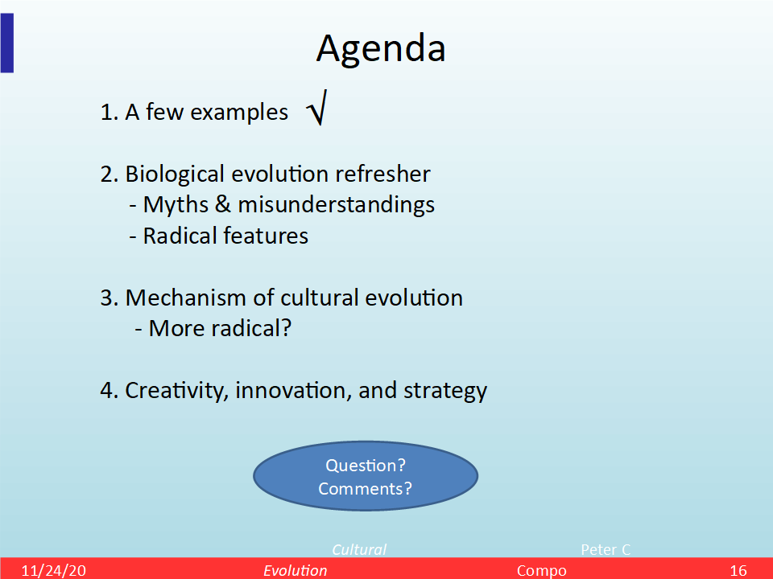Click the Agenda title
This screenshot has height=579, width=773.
point(381,50)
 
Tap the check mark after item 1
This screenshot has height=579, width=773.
point(316,108)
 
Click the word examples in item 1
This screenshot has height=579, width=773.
point(239,113)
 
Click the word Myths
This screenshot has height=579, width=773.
point(176,205)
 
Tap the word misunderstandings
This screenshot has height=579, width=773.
point(337,205)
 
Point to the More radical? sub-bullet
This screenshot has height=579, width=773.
point(213,328)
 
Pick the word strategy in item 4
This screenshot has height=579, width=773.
point(445,392)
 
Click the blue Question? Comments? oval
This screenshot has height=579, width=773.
point(366,476)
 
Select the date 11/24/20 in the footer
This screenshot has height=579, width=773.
point(54,570)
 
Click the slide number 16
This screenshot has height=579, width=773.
point(738,570)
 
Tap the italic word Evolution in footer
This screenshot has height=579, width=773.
point(295,570)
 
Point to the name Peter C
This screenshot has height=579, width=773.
point(606,549)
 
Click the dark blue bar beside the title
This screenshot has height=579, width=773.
point(7,43)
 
